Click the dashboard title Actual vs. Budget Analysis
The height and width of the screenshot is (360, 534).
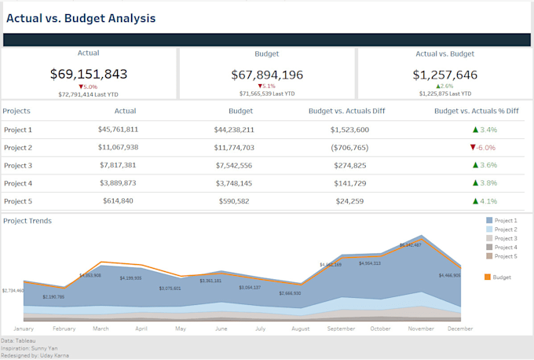81,18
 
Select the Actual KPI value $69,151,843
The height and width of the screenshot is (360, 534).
89,74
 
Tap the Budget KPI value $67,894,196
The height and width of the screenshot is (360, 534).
267,75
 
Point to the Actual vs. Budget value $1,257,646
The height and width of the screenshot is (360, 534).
445,75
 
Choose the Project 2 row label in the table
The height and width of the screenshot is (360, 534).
18,148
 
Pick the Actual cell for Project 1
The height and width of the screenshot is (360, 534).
118,130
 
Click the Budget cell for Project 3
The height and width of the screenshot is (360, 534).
234,166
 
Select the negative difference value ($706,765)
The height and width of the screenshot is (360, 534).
349,148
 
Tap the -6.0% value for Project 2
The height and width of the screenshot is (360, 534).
483,148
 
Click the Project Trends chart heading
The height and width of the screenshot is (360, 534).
27,221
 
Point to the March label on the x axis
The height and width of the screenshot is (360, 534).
101,329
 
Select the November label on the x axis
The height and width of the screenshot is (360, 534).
422,329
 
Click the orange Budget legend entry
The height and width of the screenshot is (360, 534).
498,277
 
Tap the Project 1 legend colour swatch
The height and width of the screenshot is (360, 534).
488,221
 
